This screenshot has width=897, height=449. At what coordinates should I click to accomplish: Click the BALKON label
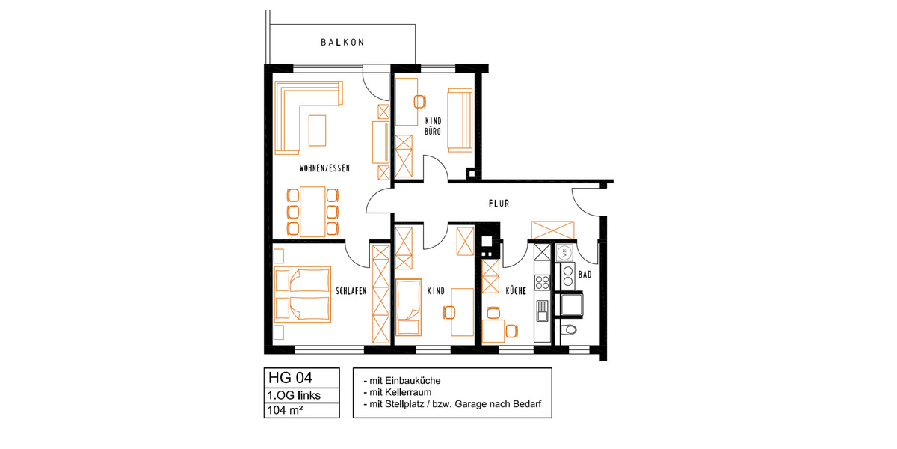click(x=342, y=43)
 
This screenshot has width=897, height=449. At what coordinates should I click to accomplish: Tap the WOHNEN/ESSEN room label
click(x=324, y=168)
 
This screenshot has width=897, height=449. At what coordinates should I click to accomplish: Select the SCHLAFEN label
click(x=351, y=291)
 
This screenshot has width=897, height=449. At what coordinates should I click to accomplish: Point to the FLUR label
click(x=499, y=203)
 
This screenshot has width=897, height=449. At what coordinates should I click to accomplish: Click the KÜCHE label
click(x=517, y=291)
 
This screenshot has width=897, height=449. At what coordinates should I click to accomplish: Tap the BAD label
click(x=585, y=275)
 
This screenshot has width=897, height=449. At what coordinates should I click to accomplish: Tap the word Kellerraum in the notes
click(x=411, y=392)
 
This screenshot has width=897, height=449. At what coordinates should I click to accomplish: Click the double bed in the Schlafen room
click(x=302, y=293)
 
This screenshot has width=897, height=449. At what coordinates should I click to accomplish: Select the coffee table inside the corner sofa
click(x=318, y=129)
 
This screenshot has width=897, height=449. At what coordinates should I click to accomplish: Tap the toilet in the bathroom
click(x=570, y=329)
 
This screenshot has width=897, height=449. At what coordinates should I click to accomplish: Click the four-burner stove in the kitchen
click(x=543, y=282)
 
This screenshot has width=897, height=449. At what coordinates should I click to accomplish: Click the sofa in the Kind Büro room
click(x=459, y=119)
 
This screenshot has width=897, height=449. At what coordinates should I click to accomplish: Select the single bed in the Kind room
click(x=407, y=308)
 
